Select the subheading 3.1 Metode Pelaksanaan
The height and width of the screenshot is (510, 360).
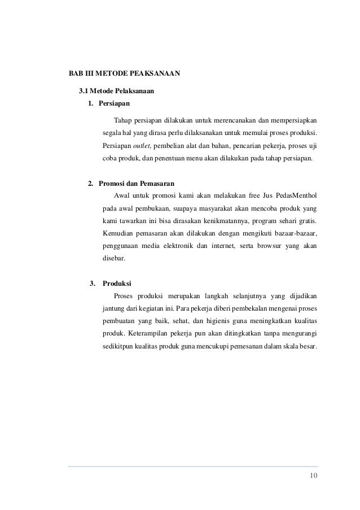pos(117,90)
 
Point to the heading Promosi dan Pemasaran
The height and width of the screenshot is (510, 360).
pos(137,184)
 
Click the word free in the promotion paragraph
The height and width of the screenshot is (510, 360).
pos(256,197)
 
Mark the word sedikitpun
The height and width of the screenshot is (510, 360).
pos(118,346)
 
